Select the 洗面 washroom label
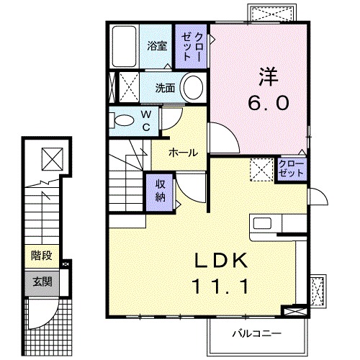click(165, 89)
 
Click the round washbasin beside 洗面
click(192, 89)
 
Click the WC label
click(145, 120)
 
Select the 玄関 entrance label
click(41, 279)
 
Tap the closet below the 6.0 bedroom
click(292, 169)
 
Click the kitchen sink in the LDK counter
click(260, 222)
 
